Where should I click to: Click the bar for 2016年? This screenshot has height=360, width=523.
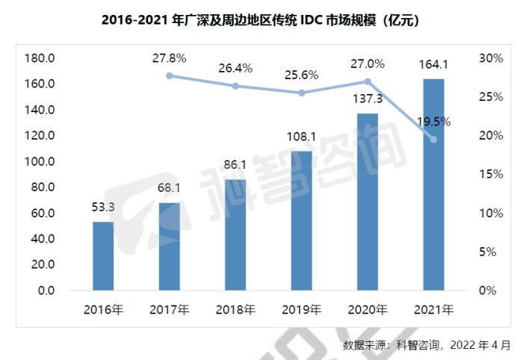pyautogui.click(x=103, y=255)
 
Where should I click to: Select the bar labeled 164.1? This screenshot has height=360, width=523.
pyautogui.click(x=433, y=184)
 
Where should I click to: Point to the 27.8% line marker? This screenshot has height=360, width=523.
pyautogui.click(x=170, y=75)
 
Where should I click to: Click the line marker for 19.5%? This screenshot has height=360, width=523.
pyautogui.click(x=433, y=140)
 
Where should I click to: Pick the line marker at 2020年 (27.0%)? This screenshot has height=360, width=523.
pyautogui.click(x=367, y=81)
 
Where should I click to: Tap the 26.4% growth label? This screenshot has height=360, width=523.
pyautogui.click(x=235, y=68)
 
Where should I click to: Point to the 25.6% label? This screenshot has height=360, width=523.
pyautogui.click(x=301, y=75)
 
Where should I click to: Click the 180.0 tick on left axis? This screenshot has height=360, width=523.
pyautogui.click(x=39, y=58)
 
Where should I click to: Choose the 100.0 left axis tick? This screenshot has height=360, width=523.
pyautogui.click(x=39, y=161)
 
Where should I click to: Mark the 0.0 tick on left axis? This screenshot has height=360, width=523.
pyautogui.click(x=45, y=291)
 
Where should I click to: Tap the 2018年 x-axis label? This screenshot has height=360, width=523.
pyautogui.click(x=235, y=308)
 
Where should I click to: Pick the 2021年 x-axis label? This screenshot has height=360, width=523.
pyautogui.click(x=433, y=308)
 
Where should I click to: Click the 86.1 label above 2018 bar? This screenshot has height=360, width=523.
pyautogui.click(x=235, y=164)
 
